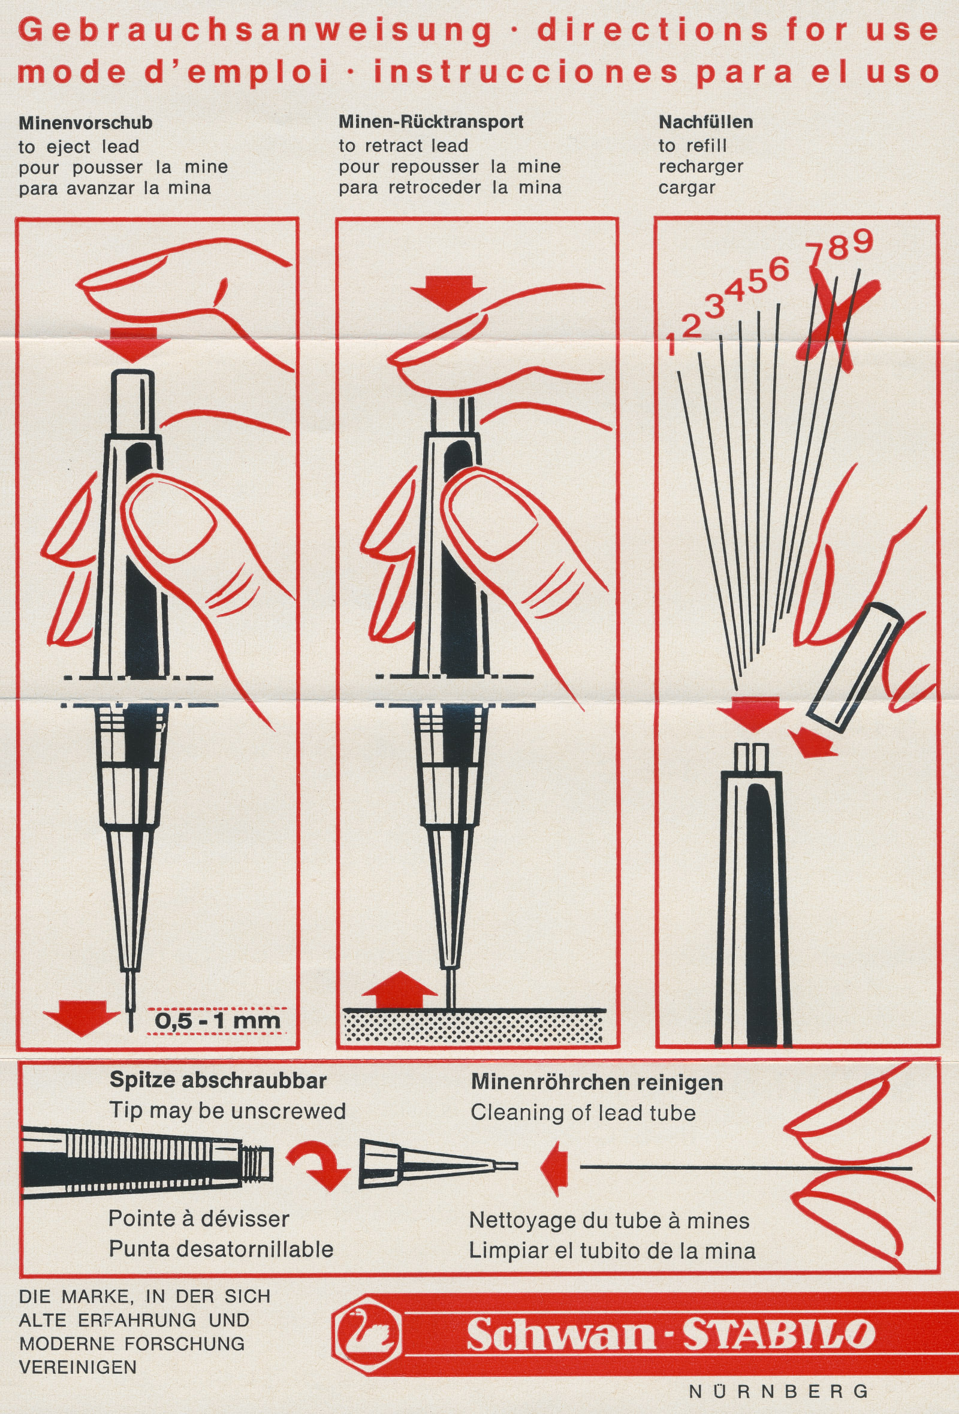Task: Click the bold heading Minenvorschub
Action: pos(85,123)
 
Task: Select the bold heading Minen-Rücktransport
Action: pos(431,122)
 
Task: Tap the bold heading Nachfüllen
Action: pos(706,122)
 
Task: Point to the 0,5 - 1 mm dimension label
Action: pos(217,1020)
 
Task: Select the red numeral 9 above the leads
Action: pos(863,241)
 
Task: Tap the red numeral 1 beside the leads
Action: pos(671,345)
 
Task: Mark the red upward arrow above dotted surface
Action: pos(399,990)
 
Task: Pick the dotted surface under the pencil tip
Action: pos(474,1026)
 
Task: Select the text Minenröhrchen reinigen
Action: pos(597,1083)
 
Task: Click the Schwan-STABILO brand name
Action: pos(671,1336)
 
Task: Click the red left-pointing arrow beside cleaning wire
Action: pos(554,1167)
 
